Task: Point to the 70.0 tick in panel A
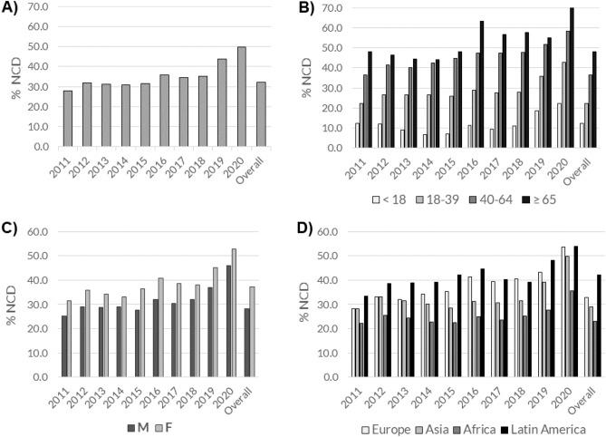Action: tap(36, 8)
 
